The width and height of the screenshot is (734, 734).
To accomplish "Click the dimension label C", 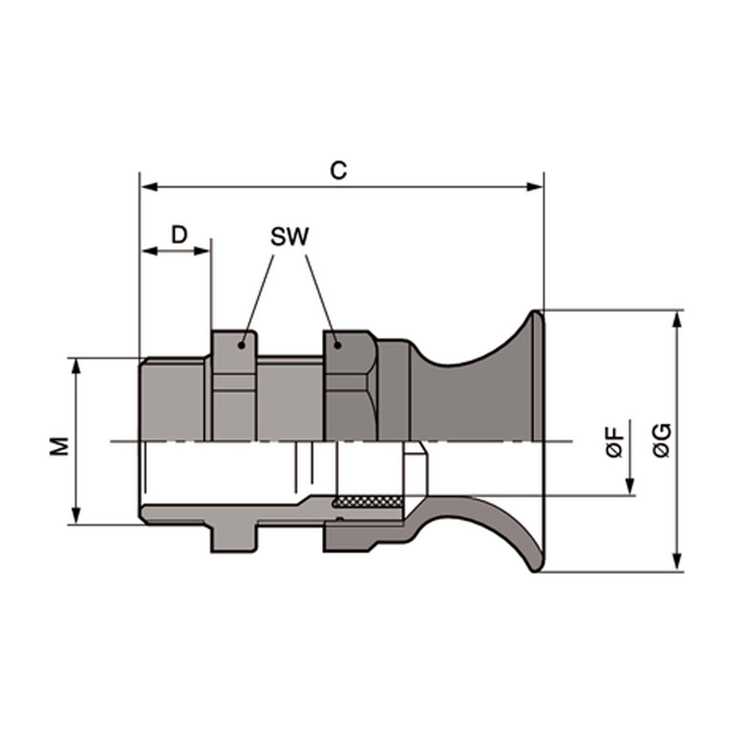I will [338, 171].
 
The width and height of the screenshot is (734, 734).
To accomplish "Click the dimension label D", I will [179, 235].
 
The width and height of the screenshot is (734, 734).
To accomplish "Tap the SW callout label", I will [290, 237].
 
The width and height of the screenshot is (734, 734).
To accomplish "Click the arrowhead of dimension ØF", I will [630, 487].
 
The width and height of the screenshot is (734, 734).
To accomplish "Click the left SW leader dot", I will [241, 345].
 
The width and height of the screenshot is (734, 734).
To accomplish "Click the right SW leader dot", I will [337, 345].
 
